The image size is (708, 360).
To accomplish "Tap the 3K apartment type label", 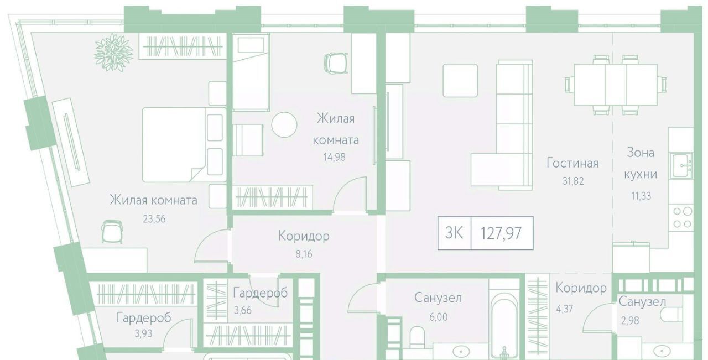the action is coord(454,233).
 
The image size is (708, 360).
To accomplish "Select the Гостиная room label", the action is coord(572,163).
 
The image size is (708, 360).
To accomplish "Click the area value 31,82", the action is coord(572,181).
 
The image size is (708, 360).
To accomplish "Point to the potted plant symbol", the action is coord(113,53).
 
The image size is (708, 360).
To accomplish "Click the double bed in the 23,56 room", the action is coord(184,145).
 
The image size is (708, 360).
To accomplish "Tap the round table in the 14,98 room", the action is coord(284,125).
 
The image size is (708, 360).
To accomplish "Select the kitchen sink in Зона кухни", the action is coord(680,165).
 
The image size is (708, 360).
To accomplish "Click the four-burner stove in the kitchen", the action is coord(682,217).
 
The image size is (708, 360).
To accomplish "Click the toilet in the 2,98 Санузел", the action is coord(671,315).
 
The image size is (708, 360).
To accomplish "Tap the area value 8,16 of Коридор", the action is coord(304,254).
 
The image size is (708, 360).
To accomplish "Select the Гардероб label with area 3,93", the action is coord(143,317).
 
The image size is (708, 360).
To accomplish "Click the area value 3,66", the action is coord(243,310).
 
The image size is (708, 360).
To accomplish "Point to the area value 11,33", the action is coord(641,196).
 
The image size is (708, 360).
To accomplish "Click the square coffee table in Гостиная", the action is coord(460,80).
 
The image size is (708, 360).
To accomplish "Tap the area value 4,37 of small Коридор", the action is coord(564,309).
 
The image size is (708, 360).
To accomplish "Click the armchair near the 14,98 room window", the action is coord(336,64).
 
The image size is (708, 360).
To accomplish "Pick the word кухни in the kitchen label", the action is coord(641,174).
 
